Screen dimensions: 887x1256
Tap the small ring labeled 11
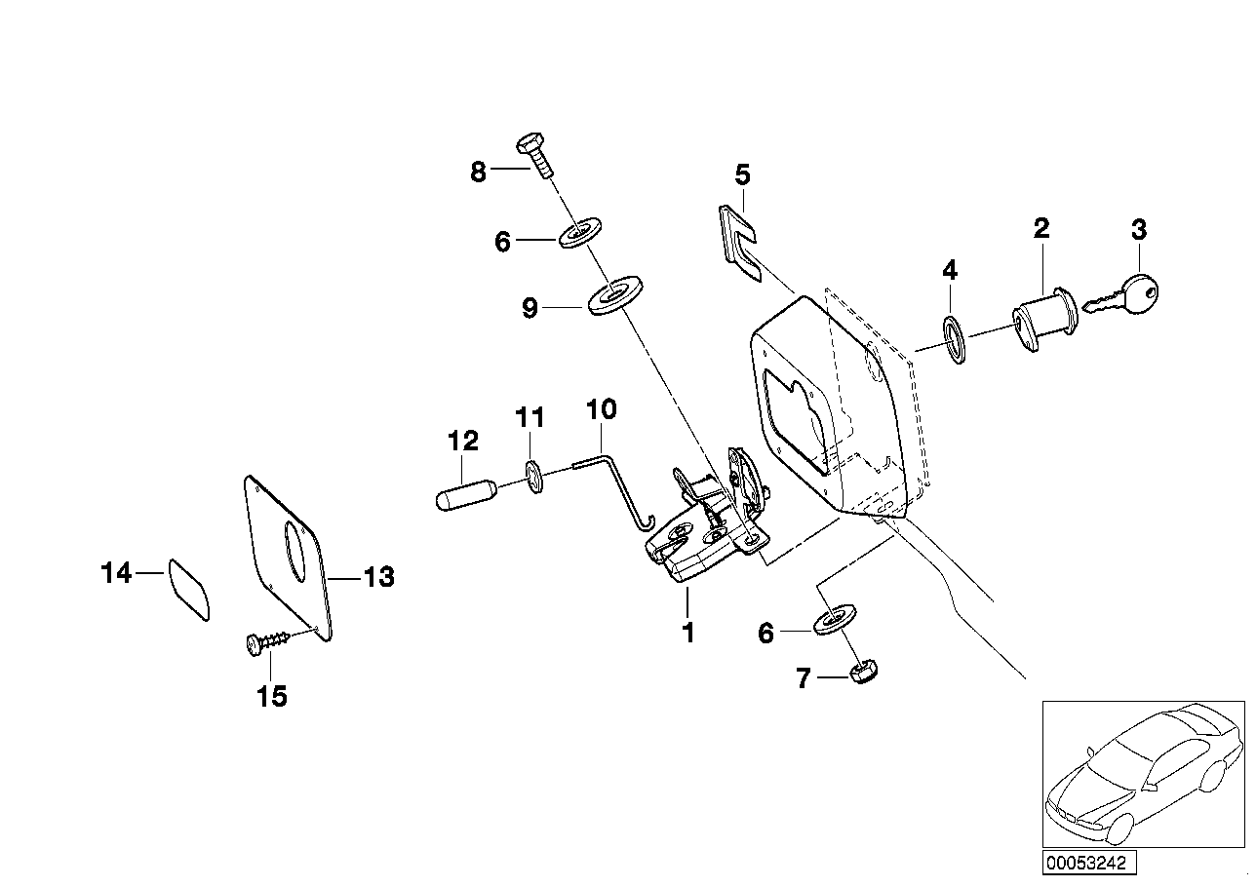(533, 475)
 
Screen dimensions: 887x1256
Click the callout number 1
(688, 632)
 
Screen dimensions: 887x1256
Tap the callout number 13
(378, 577)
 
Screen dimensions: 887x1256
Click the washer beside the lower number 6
(835, 618)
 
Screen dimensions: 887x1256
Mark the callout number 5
(743, 175)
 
